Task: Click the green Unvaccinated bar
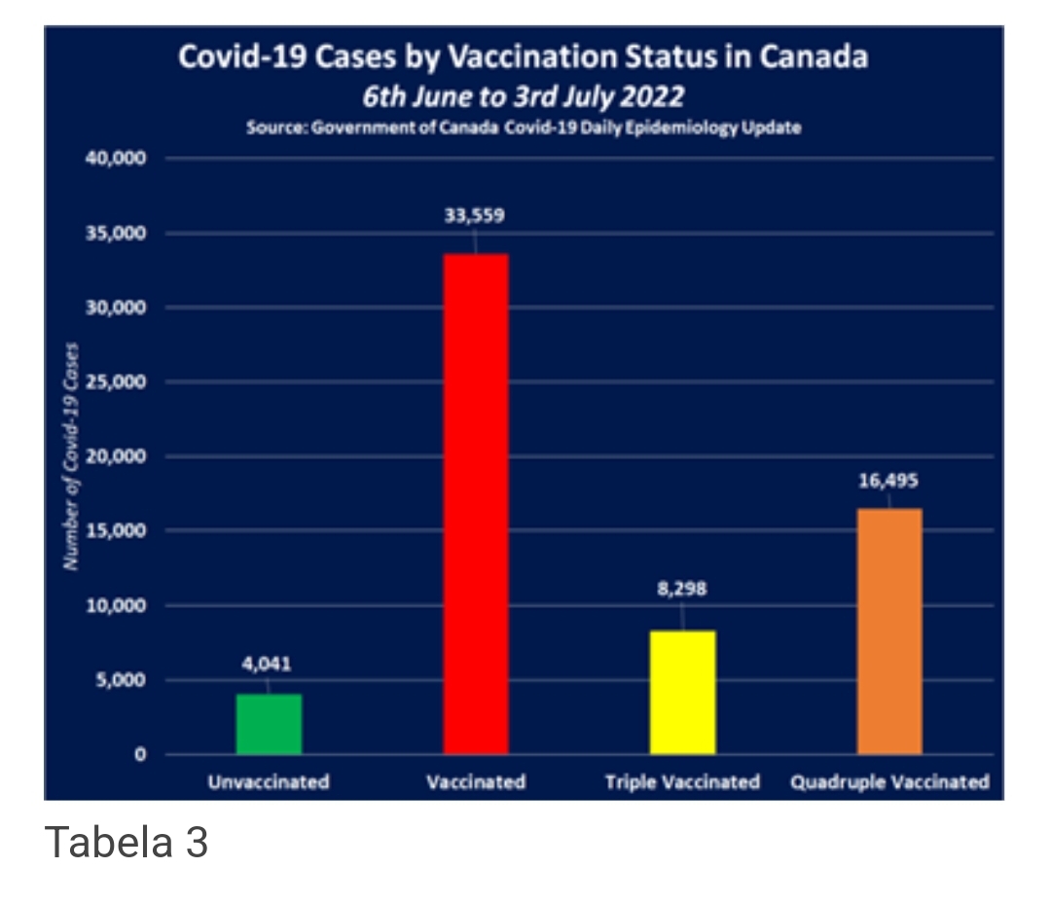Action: (x=269, y=723)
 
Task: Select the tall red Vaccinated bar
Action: (x=476, y=503)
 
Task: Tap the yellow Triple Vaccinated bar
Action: (x=683, y=692)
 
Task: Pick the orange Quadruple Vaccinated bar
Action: (x=889, y=631)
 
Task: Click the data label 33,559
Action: (x=475, y=216)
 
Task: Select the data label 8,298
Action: (x=682, y=589)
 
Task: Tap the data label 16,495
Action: (x=888, y=480)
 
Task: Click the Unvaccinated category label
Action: (x=269, y=782)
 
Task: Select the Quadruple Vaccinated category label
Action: (x=889, y=782)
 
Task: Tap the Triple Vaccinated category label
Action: (x=682, y=782)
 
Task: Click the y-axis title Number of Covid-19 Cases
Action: (x=70, y=456)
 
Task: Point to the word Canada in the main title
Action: (x=814, y=57)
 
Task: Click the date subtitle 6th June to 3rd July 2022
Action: (x=524, y=97)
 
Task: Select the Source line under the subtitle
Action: (x=524, y=128)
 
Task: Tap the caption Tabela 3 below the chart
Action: (x=127, y=842)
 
